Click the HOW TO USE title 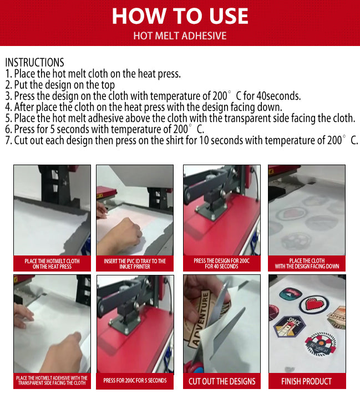[180, 16]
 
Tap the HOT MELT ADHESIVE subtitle [180, 35]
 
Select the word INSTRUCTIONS [34, 62]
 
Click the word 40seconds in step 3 [278, 96]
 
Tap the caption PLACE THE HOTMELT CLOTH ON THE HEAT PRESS [52, 264]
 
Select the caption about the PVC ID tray [135, 264]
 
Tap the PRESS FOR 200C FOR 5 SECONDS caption [135, 380]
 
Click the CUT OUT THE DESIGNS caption [222, 381]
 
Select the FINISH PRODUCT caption [307, 381]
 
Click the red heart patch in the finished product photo [314, 305]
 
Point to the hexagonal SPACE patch [289, 326]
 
